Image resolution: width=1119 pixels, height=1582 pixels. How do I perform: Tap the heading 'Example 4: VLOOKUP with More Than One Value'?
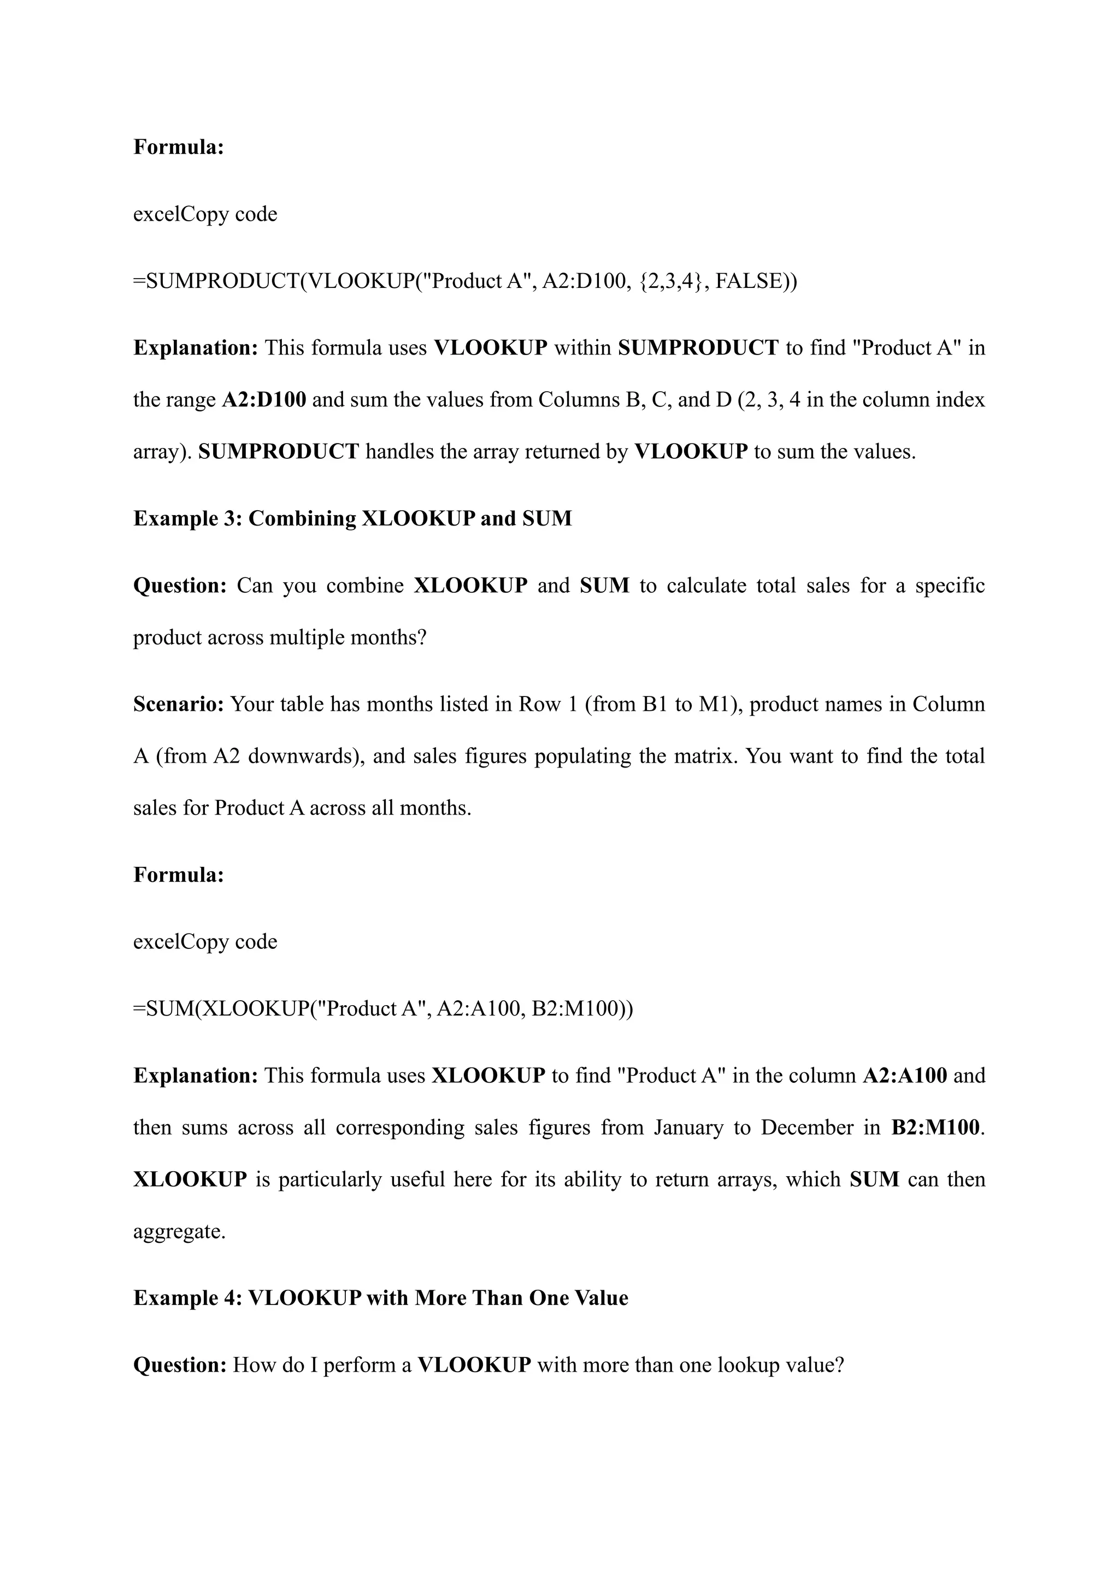tap(380, 1297)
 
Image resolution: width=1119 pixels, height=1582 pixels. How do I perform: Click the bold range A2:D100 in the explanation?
tap(264, 400)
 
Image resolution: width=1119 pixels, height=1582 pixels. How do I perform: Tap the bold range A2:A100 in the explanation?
tap(905, 1075)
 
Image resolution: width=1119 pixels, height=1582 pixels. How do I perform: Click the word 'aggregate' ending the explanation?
tap(179, 1231)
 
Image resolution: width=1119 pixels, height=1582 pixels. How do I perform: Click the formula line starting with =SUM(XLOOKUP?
tap(382, 1008)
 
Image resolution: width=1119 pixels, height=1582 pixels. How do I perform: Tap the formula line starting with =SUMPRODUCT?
tap(465, 281)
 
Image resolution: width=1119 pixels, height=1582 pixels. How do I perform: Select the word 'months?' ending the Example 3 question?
tap(388, 637)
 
